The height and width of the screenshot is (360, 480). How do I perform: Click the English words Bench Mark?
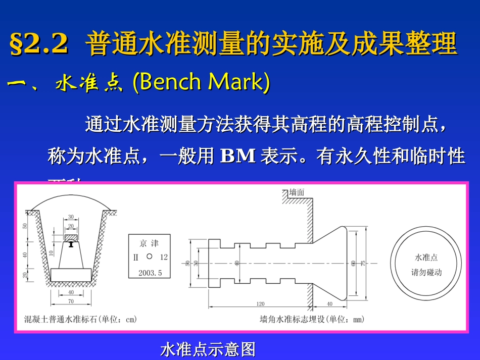[x=201, y=83]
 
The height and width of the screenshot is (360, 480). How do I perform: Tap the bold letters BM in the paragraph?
[x=238, y=156]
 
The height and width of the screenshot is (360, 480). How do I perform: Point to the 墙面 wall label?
[x=297, y=192]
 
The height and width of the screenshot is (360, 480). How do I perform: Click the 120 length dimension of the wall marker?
[x=260, y=304]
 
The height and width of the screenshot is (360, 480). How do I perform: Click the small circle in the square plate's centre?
[x=149, y=256]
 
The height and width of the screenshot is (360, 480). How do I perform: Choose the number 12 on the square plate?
[x=163, y=257]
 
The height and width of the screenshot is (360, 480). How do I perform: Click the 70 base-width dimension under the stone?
[x=71, y=301]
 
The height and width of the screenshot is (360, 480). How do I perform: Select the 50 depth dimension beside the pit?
[x=25, y=226]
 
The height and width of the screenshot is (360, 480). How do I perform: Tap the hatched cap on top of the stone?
[x=71, y=237]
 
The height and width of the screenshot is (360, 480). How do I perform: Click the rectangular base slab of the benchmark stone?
[x=71, y=275]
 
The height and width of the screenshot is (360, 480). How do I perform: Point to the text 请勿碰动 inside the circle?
[x=426, y=272]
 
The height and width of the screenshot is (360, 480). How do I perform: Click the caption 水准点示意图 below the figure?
[x=208, y=349]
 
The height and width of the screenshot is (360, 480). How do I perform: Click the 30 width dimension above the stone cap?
[x=71, y=217]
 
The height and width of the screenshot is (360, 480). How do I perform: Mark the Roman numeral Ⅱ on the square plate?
[x=135, y=257]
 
